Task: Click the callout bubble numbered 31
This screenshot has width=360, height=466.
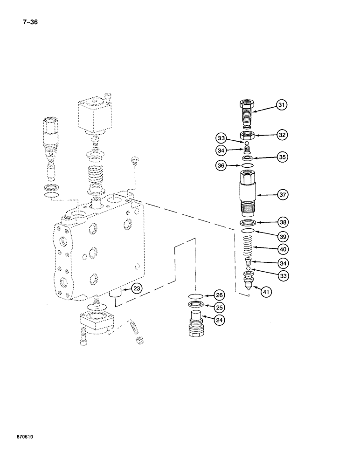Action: coord(281,106)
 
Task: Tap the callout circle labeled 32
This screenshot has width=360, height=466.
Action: coord(281,135)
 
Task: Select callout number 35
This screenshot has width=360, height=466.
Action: coord(281,158)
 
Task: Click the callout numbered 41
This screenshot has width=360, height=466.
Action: coord(266,292)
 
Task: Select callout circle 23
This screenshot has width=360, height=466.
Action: coord(136,288)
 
